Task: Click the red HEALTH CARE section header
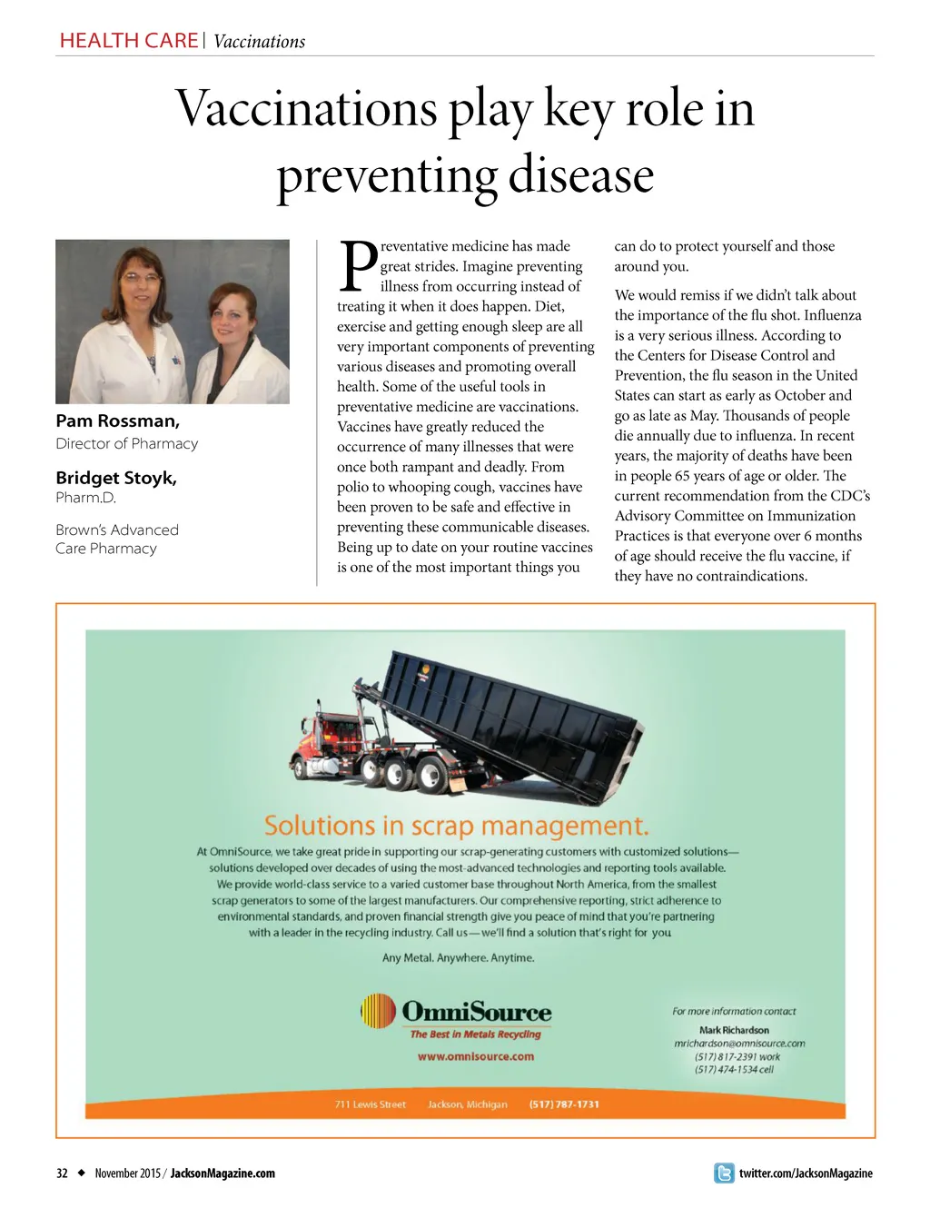pos(128,41)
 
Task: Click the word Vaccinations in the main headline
pos(306,109)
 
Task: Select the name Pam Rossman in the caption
pos(117,421)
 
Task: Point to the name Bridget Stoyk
pos(116,478)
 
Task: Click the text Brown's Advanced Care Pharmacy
pos(116,539)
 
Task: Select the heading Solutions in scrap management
pos(456,826)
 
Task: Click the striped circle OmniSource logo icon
pos(378,1011)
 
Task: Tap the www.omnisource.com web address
pos(475,1056)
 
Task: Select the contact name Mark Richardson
pos(734,1030)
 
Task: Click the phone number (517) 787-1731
pos(564,1104)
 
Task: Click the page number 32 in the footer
pos(62,1173)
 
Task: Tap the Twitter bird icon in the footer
pos(724,1173)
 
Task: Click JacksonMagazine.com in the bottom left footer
pos(223,1173)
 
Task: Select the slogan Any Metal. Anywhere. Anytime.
pos(458,957)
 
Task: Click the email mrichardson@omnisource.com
pos(738,1044)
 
